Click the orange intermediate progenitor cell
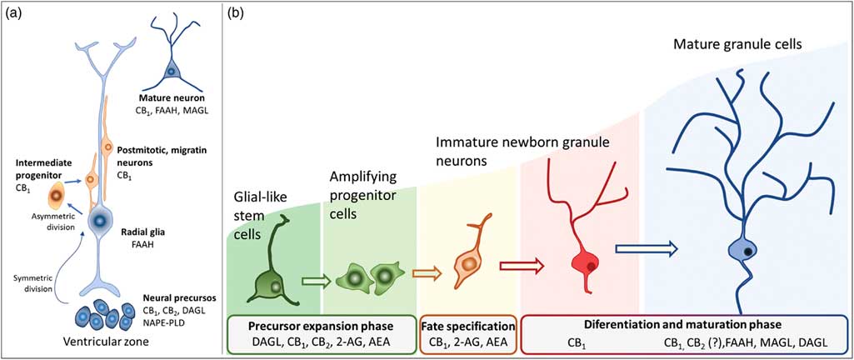point(56,196)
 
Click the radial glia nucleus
point(102,222)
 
